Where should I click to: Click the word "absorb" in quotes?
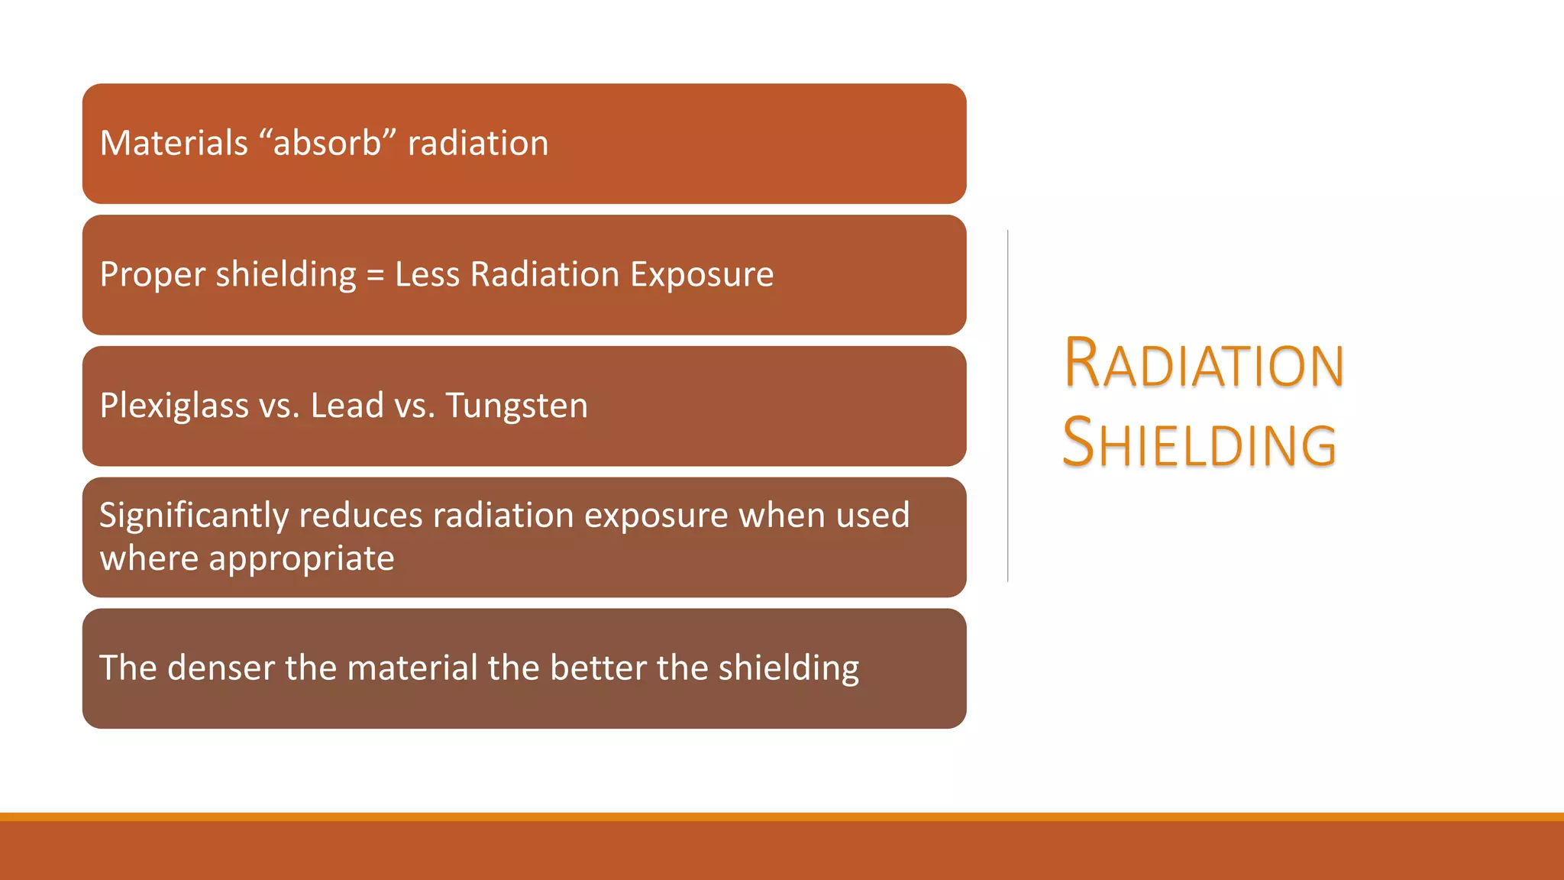pyautogui.click(x=327, y=144)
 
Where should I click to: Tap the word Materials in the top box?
pyautogui.click(x=174, y=144)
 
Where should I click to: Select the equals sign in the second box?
pyautogui.click(x=375, y=275)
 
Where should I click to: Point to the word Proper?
pyautogui.click(x=153, y=275)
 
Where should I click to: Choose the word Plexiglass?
pyautogui.click(x=174, y=406)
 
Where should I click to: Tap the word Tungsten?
pyautogui.click(x=517, y=406)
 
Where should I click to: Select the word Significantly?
pyautogui.click(x=194, y=516)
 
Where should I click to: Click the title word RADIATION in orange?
pyautogui.click(x=1204, y=364)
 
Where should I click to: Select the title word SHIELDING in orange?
pyautogui.click(x=1199, y=444)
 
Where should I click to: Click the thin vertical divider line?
pyautogui.click(x=1008, y=406)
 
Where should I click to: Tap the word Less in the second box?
pyautogui.click(x=427, y=275)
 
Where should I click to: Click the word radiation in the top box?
pyautogui.click(x=478, y=144)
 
